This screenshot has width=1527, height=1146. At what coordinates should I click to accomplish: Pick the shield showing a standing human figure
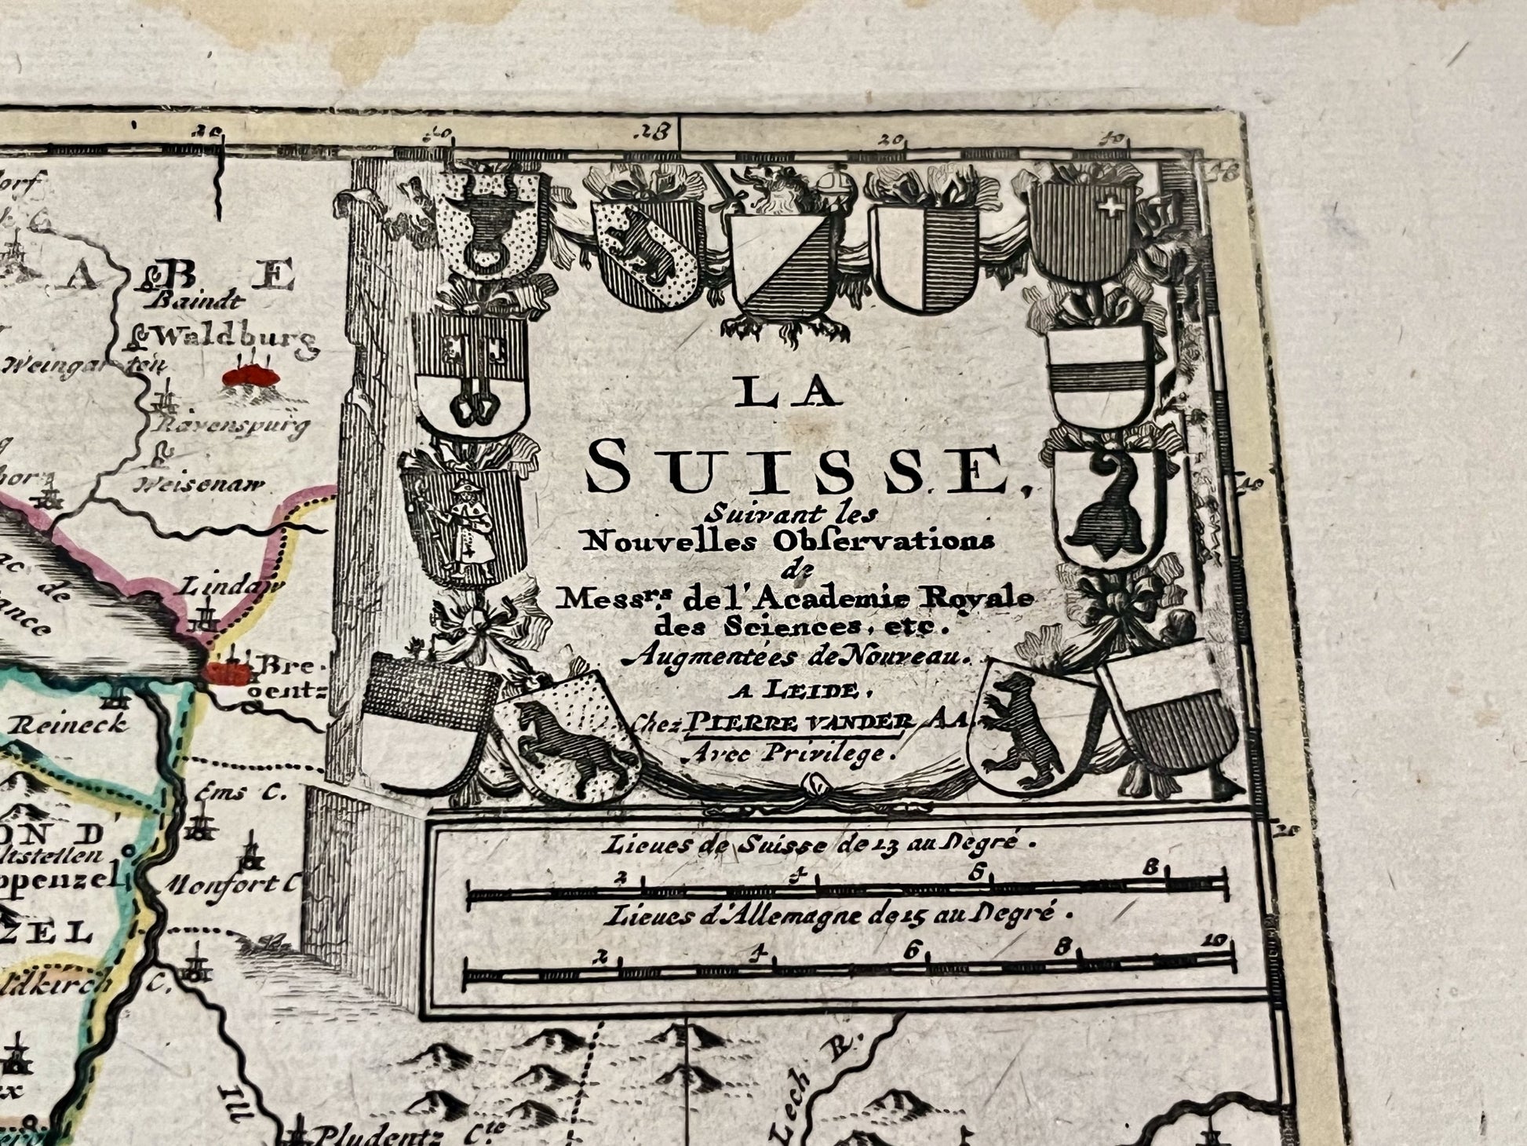pos(463,520)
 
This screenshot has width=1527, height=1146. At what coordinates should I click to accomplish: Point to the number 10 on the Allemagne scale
pos(1216,940)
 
